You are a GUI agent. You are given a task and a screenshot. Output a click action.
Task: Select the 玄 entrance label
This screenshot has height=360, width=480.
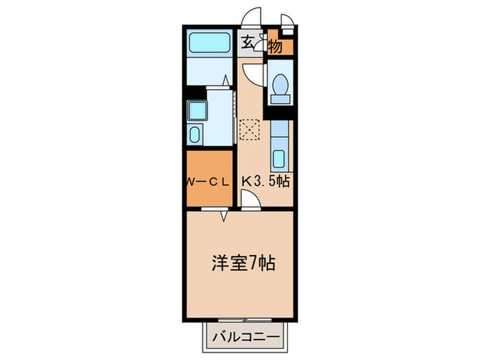pos(248,43)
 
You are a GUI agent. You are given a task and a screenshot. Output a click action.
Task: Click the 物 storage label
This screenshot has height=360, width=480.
pos(276,47)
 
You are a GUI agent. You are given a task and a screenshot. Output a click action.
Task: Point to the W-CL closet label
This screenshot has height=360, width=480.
pos(208,182)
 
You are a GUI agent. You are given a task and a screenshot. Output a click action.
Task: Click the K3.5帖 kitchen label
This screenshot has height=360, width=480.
pos(265,182)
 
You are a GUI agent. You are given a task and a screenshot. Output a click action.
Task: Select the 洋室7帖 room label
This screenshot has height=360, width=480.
pos(241,262)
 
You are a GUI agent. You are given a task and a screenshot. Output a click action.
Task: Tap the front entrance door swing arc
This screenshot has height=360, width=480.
pos(253,17)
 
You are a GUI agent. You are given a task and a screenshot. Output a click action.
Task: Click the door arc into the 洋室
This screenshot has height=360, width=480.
pos(250,199)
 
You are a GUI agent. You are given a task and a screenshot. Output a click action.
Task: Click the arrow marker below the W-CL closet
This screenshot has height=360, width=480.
pos(224,215)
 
